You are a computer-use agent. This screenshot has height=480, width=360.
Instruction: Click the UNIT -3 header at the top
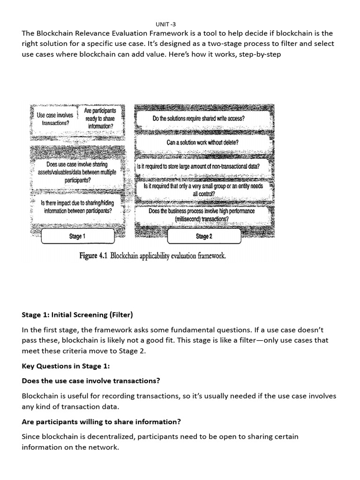tap(166, 24)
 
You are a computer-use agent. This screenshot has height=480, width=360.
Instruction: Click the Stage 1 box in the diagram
tap(77, 236)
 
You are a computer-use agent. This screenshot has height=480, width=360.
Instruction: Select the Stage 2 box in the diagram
tap(204, 236)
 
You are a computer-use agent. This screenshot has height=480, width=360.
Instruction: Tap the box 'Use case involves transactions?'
tap(55, 119)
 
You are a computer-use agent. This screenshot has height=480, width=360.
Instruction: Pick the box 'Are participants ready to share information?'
tap(99, 119)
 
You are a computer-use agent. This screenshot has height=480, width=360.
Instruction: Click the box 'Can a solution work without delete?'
tap(202, 142)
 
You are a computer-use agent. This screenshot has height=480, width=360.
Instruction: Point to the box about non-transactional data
tap(198, 166)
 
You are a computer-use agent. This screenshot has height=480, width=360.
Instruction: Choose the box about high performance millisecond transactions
tap(202, 215)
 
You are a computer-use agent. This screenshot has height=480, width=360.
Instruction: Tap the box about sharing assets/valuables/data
tap(77, 172)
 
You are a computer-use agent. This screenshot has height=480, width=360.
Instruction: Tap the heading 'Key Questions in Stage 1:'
tap(66, 366)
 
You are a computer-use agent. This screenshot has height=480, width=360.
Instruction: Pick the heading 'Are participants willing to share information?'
tap(101, 421)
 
